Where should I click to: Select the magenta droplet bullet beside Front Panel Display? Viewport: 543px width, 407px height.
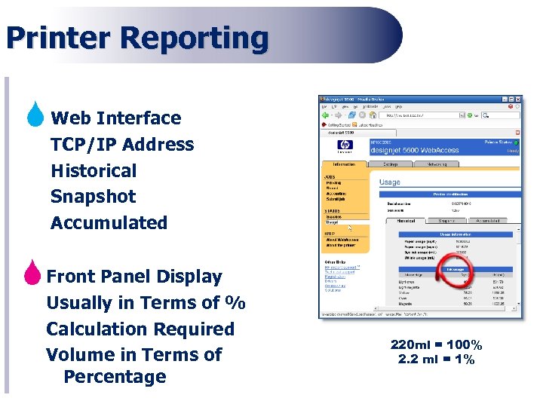coord(32,273)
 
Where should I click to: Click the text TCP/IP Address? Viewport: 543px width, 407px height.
coord(122,144)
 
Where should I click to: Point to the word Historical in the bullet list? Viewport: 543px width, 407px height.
coord(94,170)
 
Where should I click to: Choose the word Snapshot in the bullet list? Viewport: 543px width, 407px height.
coord(93,197)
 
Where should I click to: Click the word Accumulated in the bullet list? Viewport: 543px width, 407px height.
coord(109,223)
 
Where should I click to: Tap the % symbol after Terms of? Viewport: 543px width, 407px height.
coord(236,302)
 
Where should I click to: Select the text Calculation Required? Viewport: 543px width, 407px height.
coord(140,329)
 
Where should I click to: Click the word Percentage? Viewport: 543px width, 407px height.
coord(115,377)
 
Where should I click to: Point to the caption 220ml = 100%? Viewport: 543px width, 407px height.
coord(437,345)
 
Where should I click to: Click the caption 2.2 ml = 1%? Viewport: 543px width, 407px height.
coord(437,360)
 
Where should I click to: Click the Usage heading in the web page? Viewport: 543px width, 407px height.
coord(390,182)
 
